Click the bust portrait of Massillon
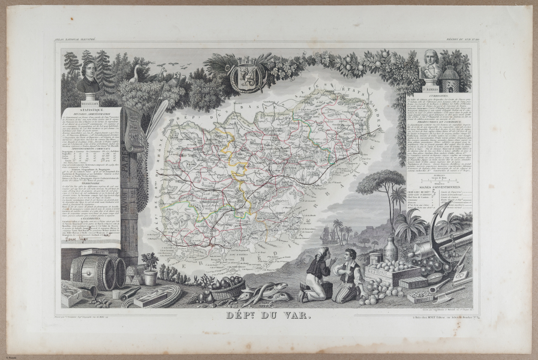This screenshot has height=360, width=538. (x=88, y=76)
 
